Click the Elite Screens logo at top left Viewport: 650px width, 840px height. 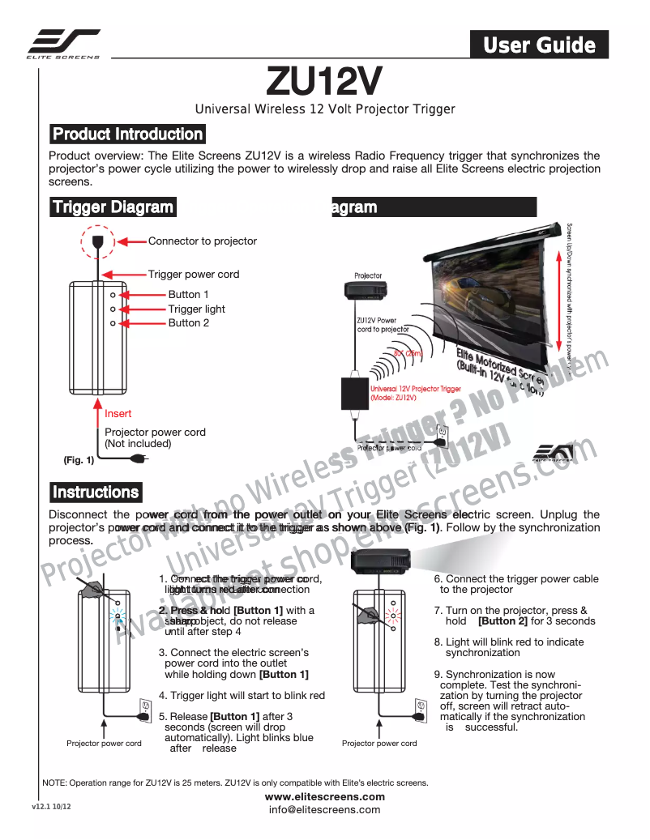pyautogui.click(x=64, y=44)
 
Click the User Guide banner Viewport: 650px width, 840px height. pyautogui.click(x=539, y=45)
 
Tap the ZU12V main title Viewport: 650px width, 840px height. pyautogui.click(x=324, y=81)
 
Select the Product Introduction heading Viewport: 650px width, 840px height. pyautogui.click(x=127, y=134)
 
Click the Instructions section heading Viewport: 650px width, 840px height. pyautogui.click(x=96, y=492)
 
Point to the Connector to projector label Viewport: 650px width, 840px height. pyautogui.click(x=202, y=241)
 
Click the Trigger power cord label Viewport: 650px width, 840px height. pyautogui.click(x=194, y=275)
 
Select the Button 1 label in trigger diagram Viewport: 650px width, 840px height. pyautogui.click(x=188, y=295)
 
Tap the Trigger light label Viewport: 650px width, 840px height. pyautogui.click(x=196, y=309)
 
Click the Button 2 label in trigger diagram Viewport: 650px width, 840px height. pyautogui.click(x=188, y=322)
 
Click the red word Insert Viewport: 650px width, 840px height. pyautogui.click(x=118, y=414)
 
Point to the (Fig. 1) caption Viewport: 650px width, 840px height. pyautogui.click(x=79, y=461)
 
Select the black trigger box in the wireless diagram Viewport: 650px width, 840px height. pyautogui.click(x=354, y=394)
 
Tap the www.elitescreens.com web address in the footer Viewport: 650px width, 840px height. pyautogui.click(x=325, y=797)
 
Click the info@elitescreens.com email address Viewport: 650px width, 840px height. pyautogui.click(x=325, y=809)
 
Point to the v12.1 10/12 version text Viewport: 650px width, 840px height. pyautogui.click(x=52, y=808)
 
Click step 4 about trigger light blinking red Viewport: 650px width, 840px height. pyautogui.click(x=242, y=695)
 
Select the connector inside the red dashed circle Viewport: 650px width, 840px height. pyautogui.click(x=97, y=241)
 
